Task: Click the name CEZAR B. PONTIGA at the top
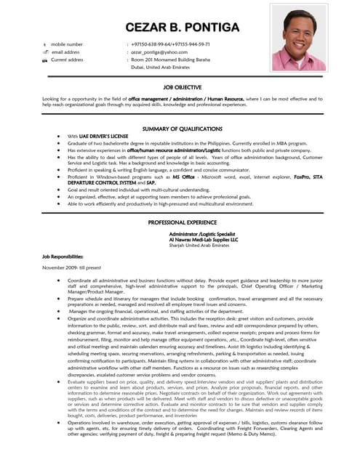click(182, 28)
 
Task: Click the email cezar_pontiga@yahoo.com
click(159, 52)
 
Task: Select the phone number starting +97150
click(166, 44)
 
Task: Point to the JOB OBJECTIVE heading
click(183, 86)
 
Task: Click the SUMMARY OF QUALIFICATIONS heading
click(182, 129)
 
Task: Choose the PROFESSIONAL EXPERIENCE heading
click(183, 222)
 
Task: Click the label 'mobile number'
click(67, 44)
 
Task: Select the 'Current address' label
click(67, 60)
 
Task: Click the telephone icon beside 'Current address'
click(45, 60)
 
